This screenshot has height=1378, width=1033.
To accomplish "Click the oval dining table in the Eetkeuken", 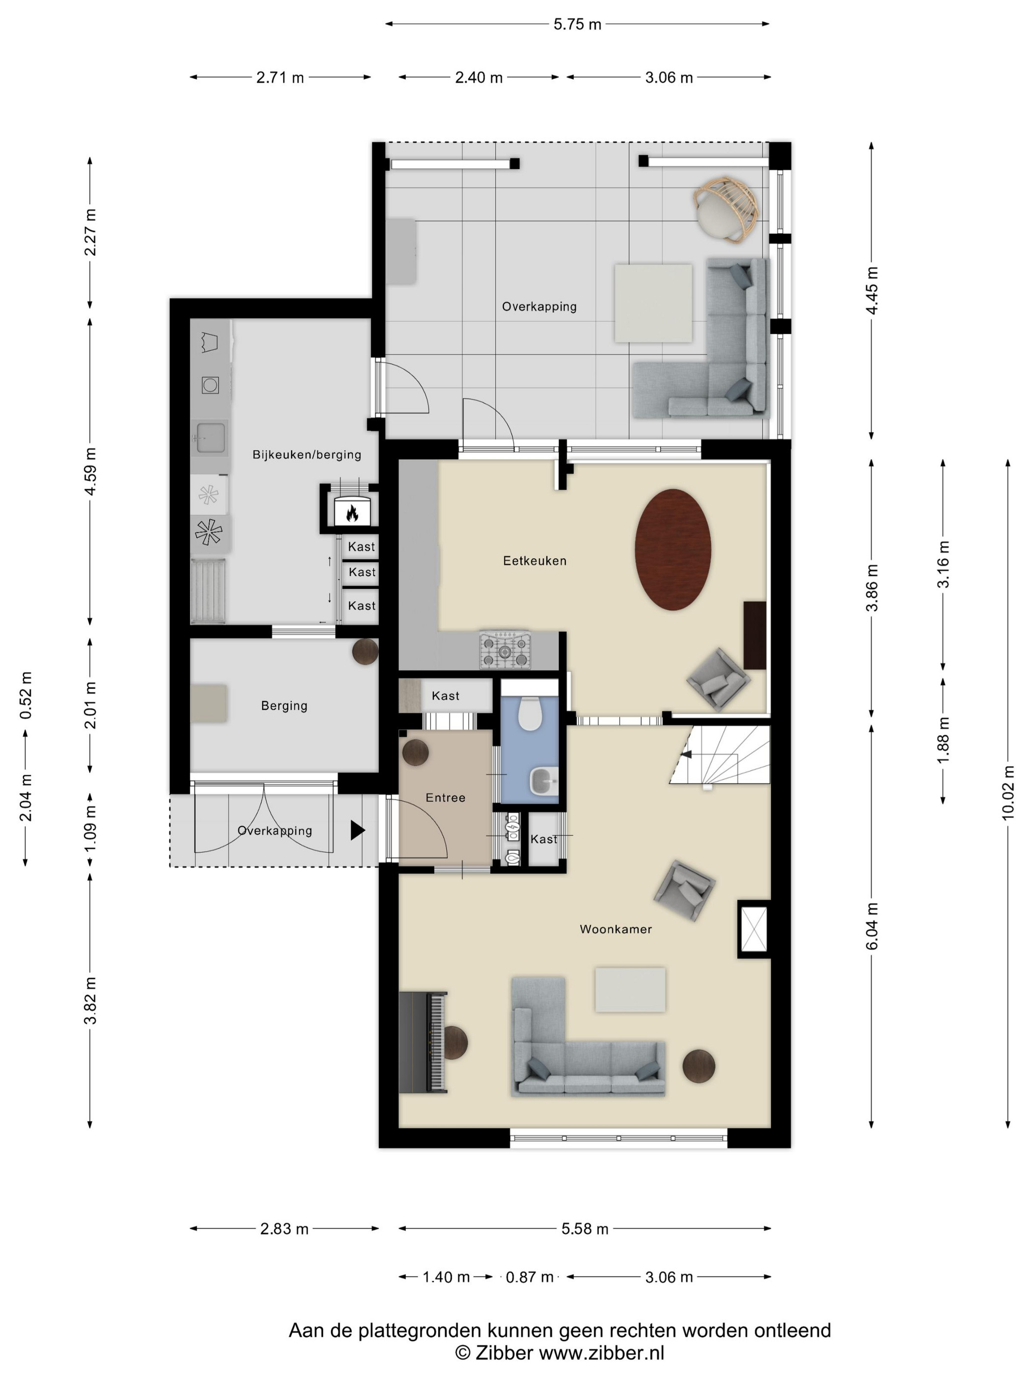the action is coord(672,549).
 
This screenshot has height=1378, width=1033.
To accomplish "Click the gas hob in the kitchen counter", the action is coord(505,651).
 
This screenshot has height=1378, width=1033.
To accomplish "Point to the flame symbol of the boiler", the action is coord(352,513).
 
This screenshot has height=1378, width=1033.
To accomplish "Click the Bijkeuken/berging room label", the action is coord(307,455).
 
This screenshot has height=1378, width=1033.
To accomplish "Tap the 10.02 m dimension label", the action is coord(1007,792).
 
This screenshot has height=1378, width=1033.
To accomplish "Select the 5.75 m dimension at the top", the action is coord(577,24).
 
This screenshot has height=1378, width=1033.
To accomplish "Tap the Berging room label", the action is coord(284,706).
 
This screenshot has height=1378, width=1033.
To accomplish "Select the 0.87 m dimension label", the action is coord(529,1277).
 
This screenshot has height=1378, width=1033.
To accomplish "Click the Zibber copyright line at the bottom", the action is coord(560,1352).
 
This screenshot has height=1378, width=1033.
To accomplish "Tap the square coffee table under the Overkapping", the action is coord(653,303).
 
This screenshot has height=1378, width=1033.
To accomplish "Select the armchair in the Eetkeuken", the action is coord(718,679).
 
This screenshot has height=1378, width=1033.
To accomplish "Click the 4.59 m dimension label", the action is coord(91,471).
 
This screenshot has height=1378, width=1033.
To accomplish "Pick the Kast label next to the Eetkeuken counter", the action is coord(445,696).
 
